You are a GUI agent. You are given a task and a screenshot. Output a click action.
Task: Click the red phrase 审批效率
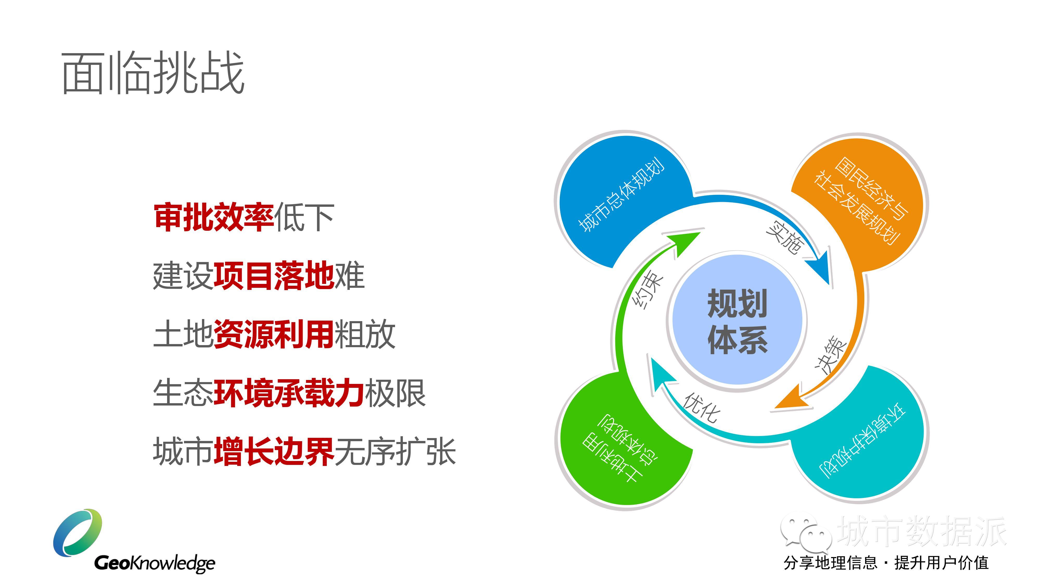tap(214, 217)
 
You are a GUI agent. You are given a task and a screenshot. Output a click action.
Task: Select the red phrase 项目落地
tap(274, 276)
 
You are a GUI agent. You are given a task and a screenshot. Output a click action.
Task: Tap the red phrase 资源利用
tap(274, 334)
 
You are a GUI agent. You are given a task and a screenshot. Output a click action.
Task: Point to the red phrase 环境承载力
tap(289, 393)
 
